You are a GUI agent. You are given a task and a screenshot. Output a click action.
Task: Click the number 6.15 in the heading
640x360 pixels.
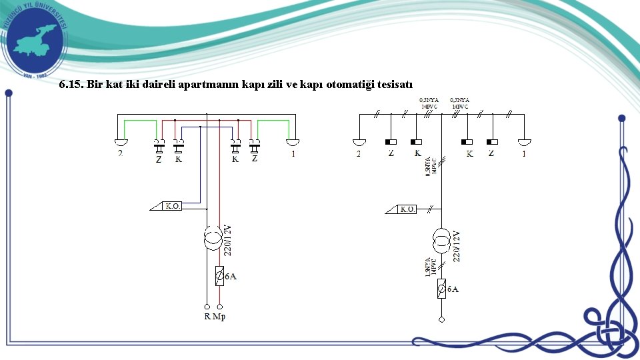point(70,85)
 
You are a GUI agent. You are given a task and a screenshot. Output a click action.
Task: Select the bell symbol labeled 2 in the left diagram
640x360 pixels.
point(120,142)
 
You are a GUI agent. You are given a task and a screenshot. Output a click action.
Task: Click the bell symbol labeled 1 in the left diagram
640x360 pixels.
point(293,142)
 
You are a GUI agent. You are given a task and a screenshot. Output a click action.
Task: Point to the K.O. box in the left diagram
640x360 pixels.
point(171,207)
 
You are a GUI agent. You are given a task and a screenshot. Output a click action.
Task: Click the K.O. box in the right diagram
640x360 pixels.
point(407,209)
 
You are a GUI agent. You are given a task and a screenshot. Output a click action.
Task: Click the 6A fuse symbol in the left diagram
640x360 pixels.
point(219,275)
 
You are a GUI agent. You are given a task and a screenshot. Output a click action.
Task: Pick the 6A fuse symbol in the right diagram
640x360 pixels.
point(441,288)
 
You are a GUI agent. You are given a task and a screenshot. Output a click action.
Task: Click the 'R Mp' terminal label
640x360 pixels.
point(215,316)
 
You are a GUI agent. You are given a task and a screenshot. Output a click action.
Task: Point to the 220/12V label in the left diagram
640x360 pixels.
point(228,239)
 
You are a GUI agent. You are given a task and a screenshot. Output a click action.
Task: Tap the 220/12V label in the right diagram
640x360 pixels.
point(457,245)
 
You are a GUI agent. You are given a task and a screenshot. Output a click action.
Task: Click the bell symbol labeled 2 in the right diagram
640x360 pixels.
point(359,142)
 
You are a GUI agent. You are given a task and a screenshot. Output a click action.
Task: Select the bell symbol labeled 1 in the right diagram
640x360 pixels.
point(525,142)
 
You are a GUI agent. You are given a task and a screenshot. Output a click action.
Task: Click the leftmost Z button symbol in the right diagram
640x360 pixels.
point(391,142)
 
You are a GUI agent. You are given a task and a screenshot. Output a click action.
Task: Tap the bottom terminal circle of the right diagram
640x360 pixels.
point(441,319)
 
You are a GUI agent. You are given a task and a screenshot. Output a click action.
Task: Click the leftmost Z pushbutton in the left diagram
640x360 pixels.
point(159,144)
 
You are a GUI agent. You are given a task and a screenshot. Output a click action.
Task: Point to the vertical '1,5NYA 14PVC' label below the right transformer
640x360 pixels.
point(432,266)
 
